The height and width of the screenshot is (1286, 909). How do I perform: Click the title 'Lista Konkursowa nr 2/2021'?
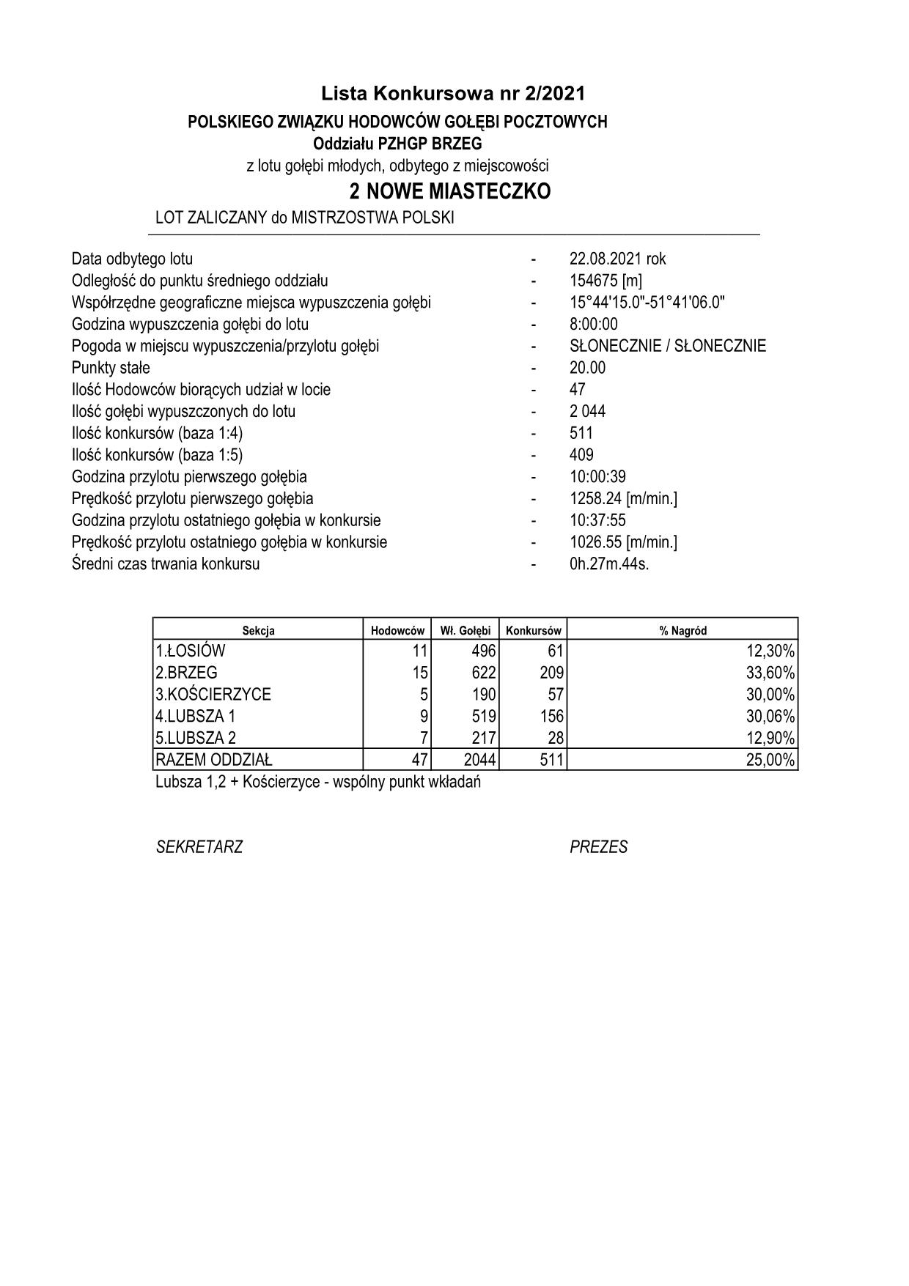pyautogui.click(x=453, y=93)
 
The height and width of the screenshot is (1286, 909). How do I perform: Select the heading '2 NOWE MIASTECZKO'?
pyautogui.click(x=450, y=192)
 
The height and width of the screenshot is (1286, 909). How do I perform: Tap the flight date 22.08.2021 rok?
pyautogui.click(x=617, y=259)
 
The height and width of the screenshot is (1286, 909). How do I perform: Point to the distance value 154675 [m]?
pyautogui.click(x=606, y=281)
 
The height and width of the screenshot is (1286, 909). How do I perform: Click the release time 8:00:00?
pyautogui.click(x=593, y=324)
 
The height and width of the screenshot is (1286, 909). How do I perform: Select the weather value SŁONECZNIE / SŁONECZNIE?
pyautogui.click(x=667, y=346)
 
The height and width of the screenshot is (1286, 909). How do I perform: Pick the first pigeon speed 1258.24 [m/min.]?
pyautogui.click(x=623, y=498)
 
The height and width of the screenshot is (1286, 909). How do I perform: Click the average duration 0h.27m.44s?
pyautogui.click(x=609, y=564)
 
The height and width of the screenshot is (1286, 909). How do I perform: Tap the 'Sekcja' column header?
pyautogui.click(x=258, y=630)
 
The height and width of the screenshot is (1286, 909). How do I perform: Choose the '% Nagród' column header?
pyautogui.click(x=682, y=630)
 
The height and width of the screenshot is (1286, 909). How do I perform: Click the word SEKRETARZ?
pyautogui.click(x=199, y=847)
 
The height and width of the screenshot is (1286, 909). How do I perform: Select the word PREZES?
pyautogui.click(x=598, y=847)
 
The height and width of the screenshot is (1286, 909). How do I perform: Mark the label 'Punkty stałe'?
pyautogui.click(x=111, y=368)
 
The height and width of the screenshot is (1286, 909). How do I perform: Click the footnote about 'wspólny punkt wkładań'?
pyautogui.click(x=318, y=782)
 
